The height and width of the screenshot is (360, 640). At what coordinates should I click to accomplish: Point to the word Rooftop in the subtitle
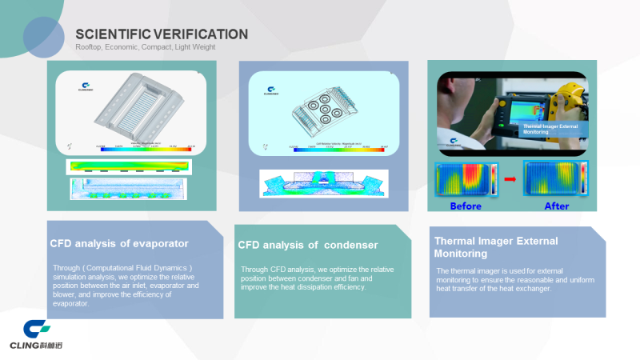(89, 47)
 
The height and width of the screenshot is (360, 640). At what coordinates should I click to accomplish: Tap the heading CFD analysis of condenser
(308, 245)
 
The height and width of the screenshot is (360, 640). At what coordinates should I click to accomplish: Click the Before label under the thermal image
(466, 206)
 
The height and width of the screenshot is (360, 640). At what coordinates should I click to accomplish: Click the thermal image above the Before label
(465, 178)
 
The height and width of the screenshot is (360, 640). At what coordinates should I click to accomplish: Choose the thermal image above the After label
(553, 178)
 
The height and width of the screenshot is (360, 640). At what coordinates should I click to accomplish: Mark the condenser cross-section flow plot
(323, 183)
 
